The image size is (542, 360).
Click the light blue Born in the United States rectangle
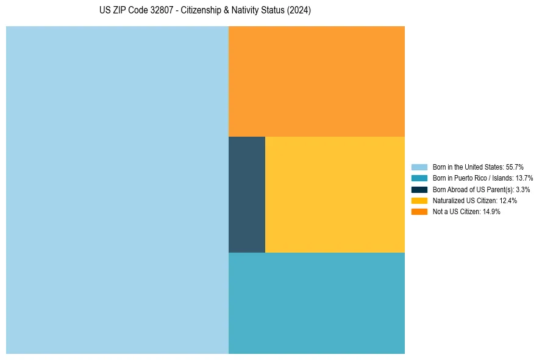(117, 190)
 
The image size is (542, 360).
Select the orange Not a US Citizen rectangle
(316, 81)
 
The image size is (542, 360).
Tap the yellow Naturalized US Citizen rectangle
(335, 194)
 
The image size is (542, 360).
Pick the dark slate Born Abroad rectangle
(247, 194)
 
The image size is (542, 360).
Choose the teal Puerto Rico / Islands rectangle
(316, 303)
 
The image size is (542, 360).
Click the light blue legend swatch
(419, 167)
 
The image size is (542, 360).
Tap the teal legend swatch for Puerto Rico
(419, 178)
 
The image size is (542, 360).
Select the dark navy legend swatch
(419, 190)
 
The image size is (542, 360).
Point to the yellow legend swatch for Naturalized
(419, 201)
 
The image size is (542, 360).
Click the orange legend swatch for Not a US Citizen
(419, 212)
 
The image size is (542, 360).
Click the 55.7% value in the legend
(515, 167)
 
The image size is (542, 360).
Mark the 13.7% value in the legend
(524, 178)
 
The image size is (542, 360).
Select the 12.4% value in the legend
(508, 201)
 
